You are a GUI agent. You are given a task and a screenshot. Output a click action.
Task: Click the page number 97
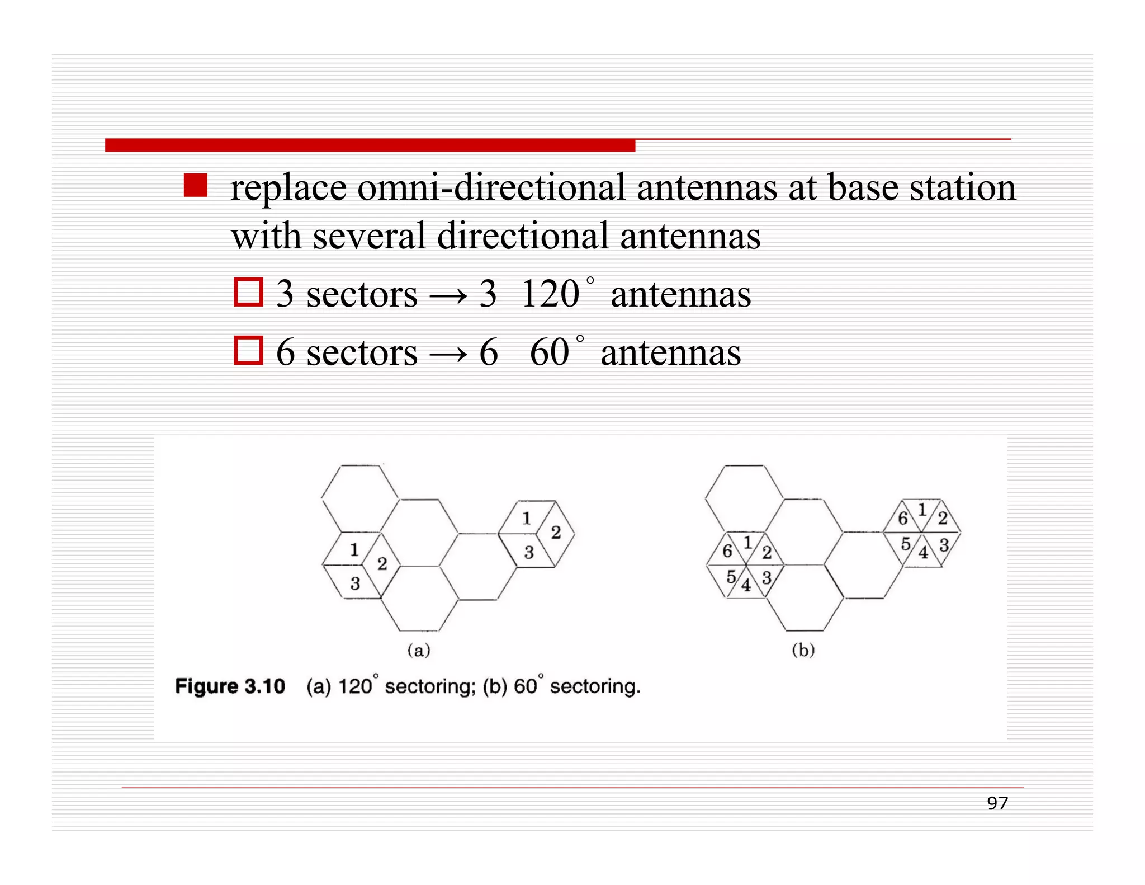997,803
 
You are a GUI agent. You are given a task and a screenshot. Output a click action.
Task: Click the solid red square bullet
195,185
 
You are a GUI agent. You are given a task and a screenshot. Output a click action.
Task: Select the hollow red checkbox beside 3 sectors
248,292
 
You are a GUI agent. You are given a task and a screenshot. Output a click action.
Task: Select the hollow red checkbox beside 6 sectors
248,350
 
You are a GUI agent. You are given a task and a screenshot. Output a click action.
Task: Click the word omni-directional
491,187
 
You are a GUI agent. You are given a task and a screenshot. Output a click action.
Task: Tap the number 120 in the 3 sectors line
550,294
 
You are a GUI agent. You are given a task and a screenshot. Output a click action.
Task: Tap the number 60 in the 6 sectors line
550,352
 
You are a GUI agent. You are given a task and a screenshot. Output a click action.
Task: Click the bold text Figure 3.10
230,686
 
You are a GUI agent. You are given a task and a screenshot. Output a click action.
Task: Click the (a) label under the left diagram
419,650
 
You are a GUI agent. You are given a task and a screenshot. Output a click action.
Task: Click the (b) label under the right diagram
803,650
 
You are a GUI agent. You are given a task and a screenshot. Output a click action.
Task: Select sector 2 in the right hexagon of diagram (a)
556,532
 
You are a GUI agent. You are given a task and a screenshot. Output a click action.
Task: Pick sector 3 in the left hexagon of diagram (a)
355,583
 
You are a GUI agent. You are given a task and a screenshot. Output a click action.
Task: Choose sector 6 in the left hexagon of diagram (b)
727,551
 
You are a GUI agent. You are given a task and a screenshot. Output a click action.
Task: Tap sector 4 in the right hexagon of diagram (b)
923,553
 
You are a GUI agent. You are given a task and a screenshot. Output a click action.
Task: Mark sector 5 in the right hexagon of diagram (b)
906,543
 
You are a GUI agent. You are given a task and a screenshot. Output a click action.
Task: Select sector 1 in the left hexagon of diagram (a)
354,550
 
